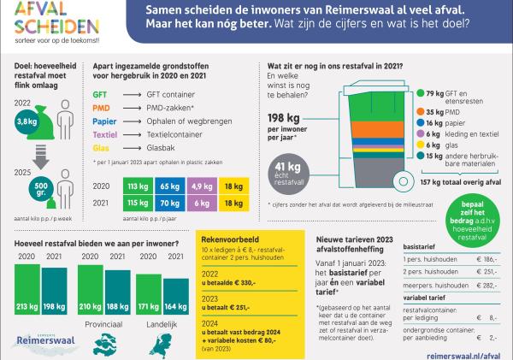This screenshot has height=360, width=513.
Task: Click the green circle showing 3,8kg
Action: pyautogui.click(x=27, y=122)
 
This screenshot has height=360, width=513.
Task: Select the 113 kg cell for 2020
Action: pyautogui.click(x=111, y=186)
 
